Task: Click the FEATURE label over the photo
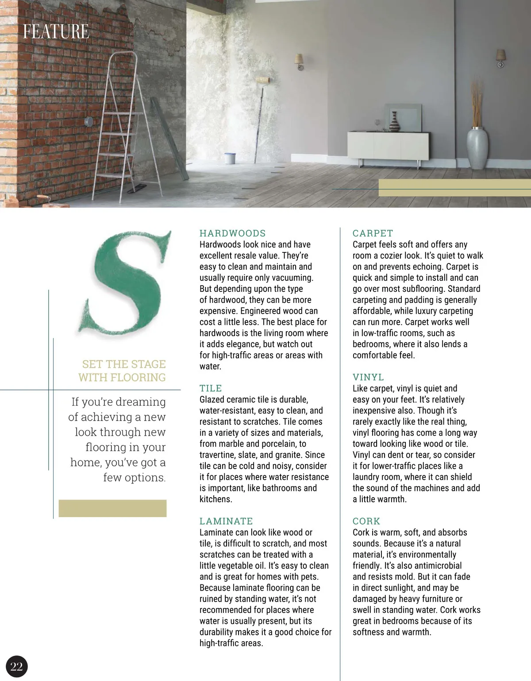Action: click(x=56, y=31)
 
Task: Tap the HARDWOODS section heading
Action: click(x=232, y=233)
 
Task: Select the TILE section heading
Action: click(x=211, y=388)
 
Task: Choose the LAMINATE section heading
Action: click(x=226, y=521)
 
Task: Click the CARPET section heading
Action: click(x=373, y=233)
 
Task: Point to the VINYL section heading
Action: click(x=368, y=377)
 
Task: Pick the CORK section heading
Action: click(x=366, y=521)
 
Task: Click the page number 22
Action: click(x=16, y=666)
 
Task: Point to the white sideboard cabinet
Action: click(x=388, y=146)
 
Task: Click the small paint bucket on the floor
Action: click(x=230, y=158)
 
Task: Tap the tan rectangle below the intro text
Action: click(x=113, y=508)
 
